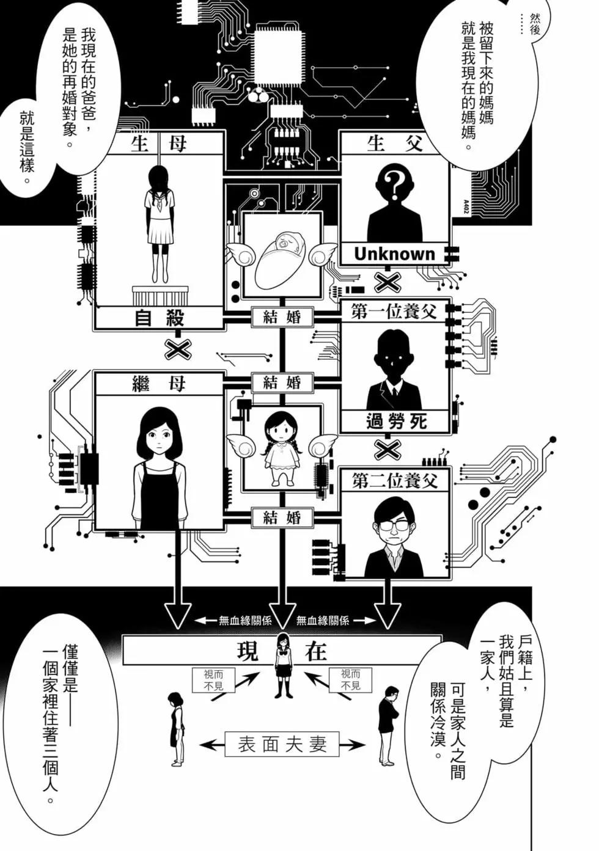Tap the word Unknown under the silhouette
(x=394, y=254)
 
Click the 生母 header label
(x=158, y=144)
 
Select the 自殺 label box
(x=159, y=318)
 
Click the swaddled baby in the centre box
(x=281, y=254)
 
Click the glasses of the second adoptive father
(x=394, y=526)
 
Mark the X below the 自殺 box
(x=178, y=348)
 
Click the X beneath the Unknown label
(x=388, y=282)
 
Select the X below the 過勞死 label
(x=388, y=450)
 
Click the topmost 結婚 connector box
(x=282, y=317)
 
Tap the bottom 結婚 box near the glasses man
(x=282, y=517)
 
